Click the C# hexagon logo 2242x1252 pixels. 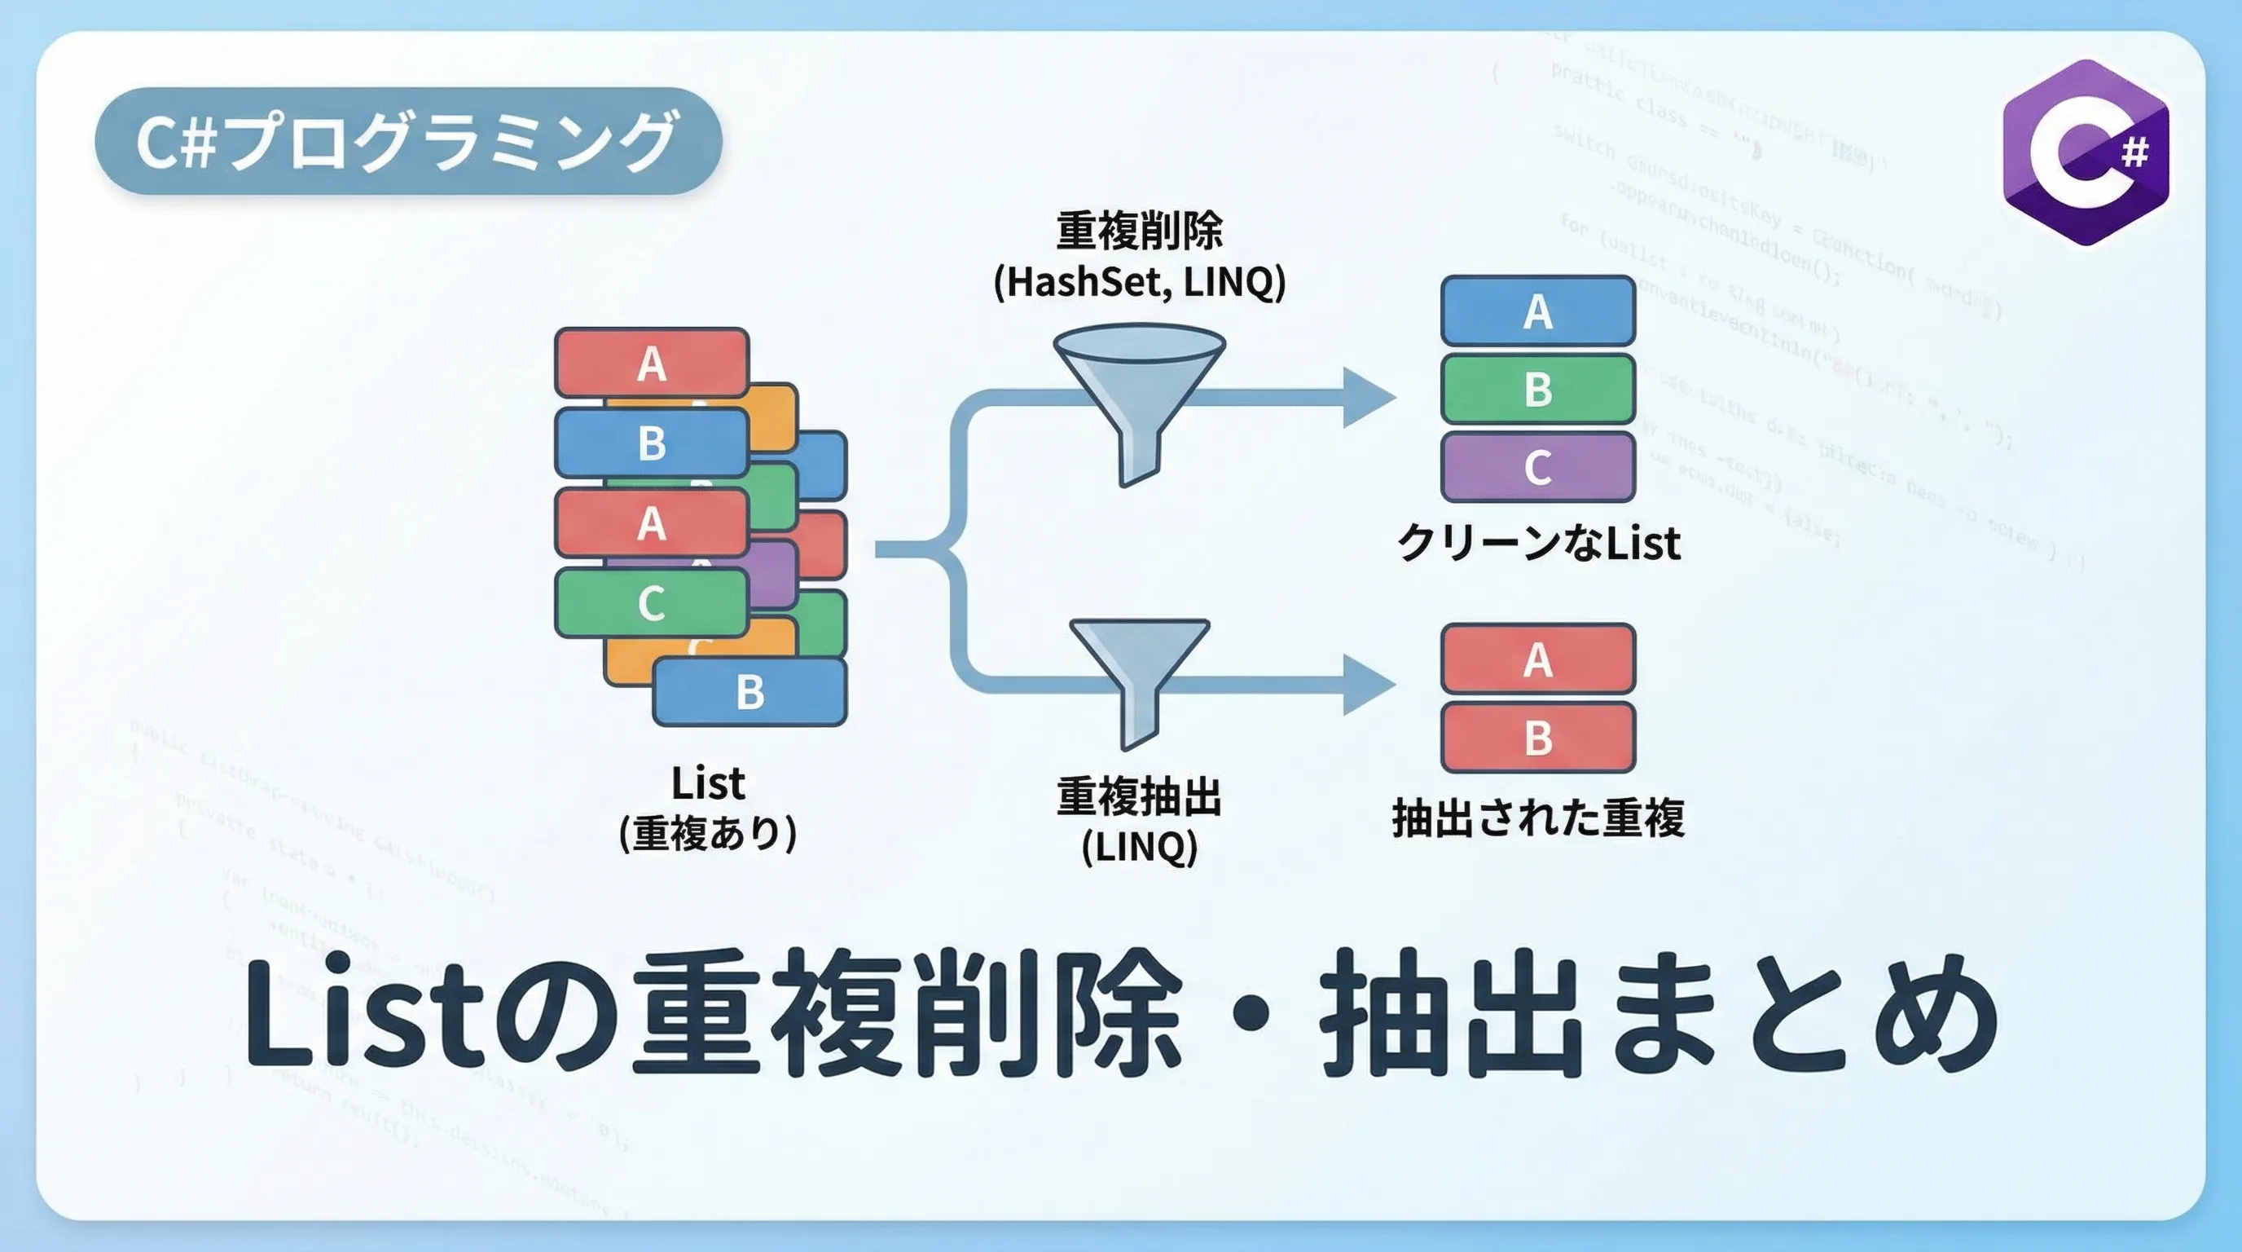tap(2086, 152)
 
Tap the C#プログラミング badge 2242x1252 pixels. tap(407, 141)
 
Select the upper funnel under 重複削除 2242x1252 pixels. tap(1139, 392)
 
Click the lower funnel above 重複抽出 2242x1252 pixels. tap(1138, 670)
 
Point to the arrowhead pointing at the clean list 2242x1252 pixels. tap(1367, 398)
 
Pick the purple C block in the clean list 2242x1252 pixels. tap(1538, 468)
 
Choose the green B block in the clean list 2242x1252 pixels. tap(1538, 389)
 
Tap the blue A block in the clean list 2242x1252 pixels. tap(1538, 311)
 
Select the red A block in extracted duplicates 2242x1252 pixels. tap(1538, 659)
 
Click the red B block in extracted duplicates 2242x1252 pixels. tap(1538, 738)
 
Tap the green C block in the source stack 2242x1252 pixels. tap(652, 602)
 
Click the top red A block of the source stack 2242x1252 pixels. tap(652, 363)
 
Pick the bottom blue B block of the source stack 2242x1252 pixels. tap(750, 692)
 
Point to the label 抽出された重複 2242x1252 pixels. tap(1538, 818)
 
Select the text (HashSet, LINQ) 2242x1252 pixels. tap(1139, 282)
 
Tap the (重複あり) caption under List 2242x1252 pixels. tap(708, 833)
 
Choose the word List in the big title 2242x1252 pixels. tap(366, 1014)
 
